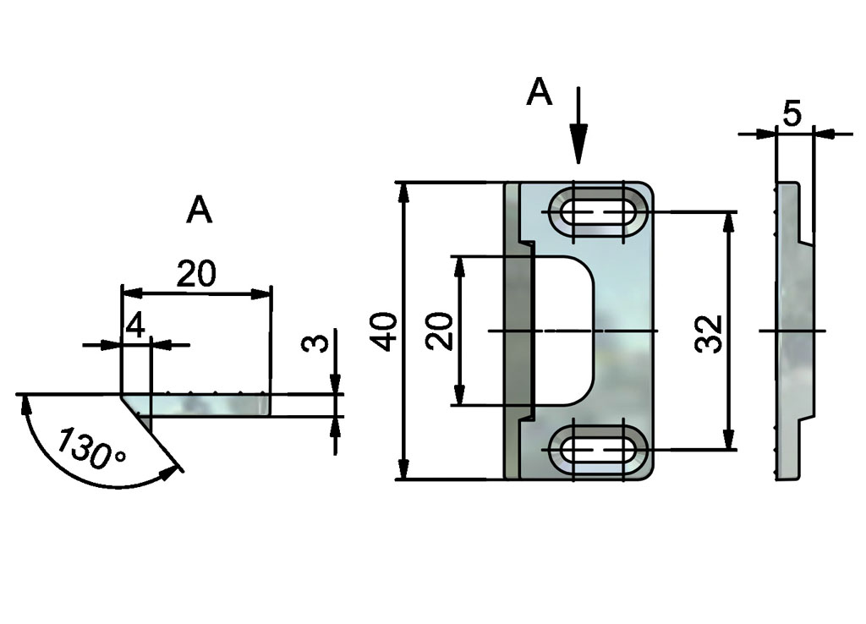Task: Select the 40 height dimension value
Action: point(386,331)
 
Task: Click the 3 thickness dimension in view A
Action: point(312,345)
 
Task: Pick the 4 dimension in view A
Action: point(135,325)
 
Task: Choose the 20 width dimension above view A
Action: point(196,274)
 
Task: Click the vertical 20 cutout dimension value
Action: point(439,331)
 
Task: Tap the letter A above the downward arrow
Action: point(539,93)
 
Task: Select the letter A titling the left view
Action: point(200,210)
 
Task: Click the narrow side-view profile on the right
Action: point(792,331)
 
